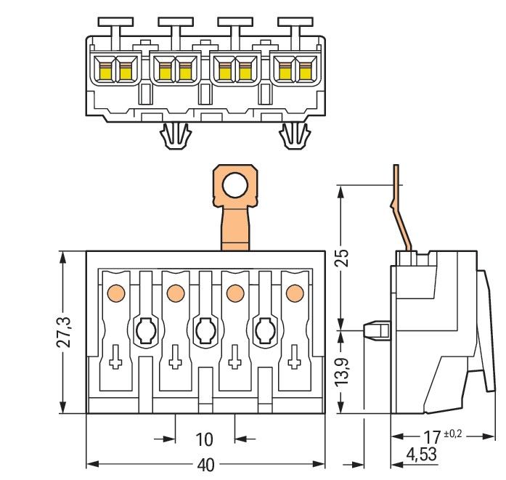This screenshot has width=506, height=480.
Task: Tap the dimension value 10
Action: coord(205,439)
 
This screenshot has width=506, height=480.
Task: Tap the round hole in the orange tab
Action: coord(235,187)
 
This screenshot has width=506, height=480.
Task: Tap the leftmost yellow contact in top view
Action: coord(105,71)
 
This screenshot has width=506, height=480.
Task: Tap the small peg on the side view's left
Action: coord(375,330)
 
